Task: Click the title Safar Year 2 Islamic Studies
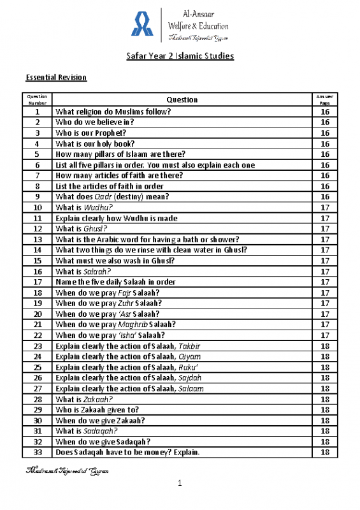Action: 179,57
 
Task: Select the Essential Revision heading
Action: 56,78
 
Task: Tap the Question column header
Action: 182,99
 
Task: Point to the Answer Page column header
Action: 324,99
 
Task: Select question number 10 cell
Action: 38,207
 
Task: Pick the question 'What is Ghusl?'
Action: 80,228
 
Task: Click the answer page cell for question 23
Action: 324,346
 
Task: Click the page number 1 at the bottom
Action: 180,486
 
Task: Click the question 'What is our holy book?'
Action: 94,143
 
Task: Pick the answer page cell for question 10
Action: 324,207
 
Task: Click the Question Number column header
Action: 38,99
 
